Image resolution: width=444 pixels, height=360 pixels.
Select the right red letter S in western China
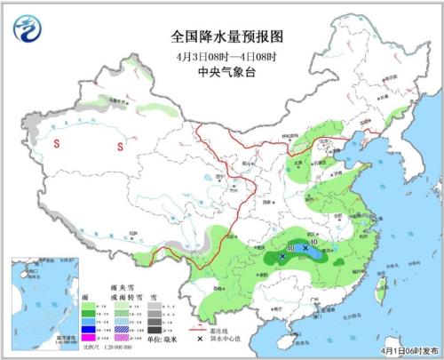point(119,146)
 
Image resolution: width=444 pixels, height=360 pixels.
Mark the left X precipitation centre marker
point(282,256)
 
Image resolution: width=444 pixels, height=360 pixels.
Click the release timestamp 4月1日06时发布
point(400,352)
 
